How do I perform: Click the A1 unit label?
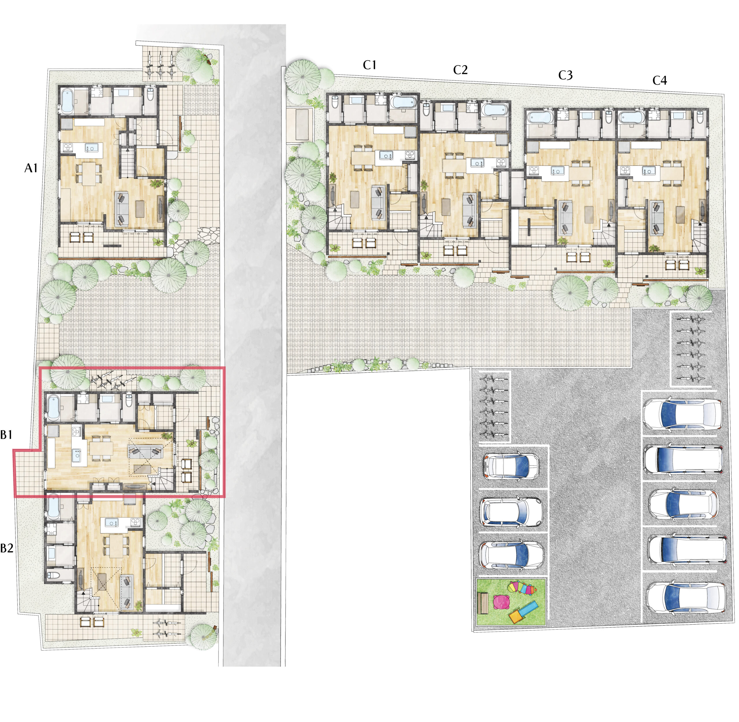coord(31,168)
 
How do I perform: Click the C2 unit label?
coord(460,70)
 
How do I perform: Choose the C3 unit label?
coord(565,75)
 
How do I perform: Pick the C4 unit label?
coord(659,80)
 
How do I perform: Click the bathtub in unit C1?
coord(404,102)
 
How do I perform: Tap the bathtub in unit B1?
coord(53,408)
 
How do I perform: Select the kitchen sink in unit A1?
coord(89,147)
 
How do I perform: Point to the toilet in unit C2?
coord(427,110)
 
